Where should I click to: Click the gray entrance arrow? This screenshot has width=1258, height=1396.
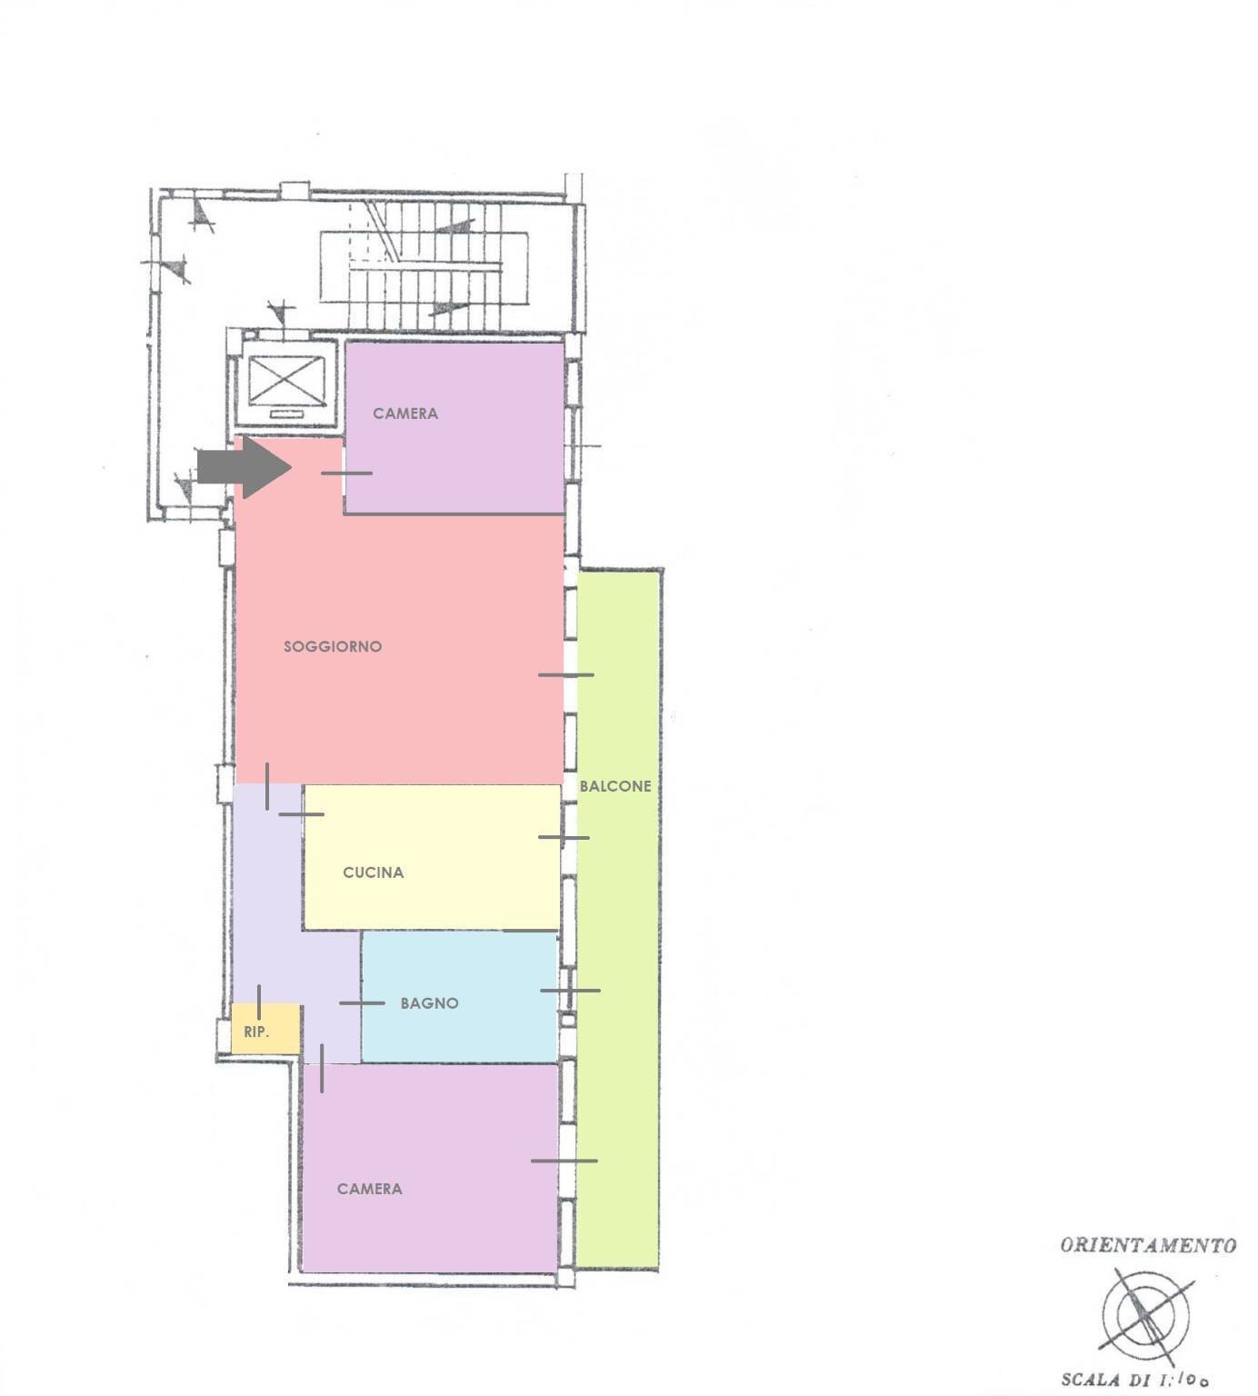click(x=244, y=467)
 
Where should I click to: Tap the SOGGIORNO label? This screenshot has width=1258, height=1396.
click(x=333, y=647)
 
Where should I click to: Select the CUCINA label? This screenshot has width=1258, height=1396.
click(x=373, y=872)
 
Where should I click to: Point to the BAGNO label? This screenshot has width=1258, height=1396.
click(x=429, y=1003)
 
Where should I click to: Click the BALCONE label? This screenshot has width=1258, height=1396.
click(x=615, y=786)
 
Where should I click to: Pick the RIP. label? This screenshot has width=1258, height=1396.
click(x=256, y=1032)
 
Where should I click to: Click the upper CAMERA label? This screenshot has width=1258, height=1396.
click(x=405, y=414)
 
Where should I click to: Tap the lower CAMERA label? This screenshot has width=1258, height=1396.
click(x=369, y=1189)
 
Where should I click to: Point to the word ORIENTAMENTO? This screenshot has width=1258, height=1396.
click(x=1148, y=1245)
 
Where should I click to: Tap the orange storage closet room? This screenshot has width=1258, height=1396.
click(x=265, y=1029)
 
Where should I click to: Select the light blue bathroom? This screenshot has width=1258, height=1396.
click(x=459, y=997)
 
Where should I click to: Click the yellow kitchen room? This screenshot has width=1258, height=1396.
click(x=432, y=857)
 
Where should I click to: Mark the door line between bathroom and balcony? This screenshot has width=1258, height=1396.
click(x=570, y=991)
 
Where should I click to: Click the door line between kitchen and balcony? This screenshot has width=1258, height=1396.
click(x=564, y=837)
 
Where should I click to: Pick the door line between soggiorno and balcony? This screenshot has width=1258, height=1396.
click(x=565, y=674)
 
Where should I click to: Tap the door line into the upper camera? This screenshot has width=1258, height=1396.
click(x=346, y=473)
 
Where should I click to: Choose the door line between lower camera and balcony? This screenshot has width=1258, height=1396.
click(x=564, y=1161)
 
